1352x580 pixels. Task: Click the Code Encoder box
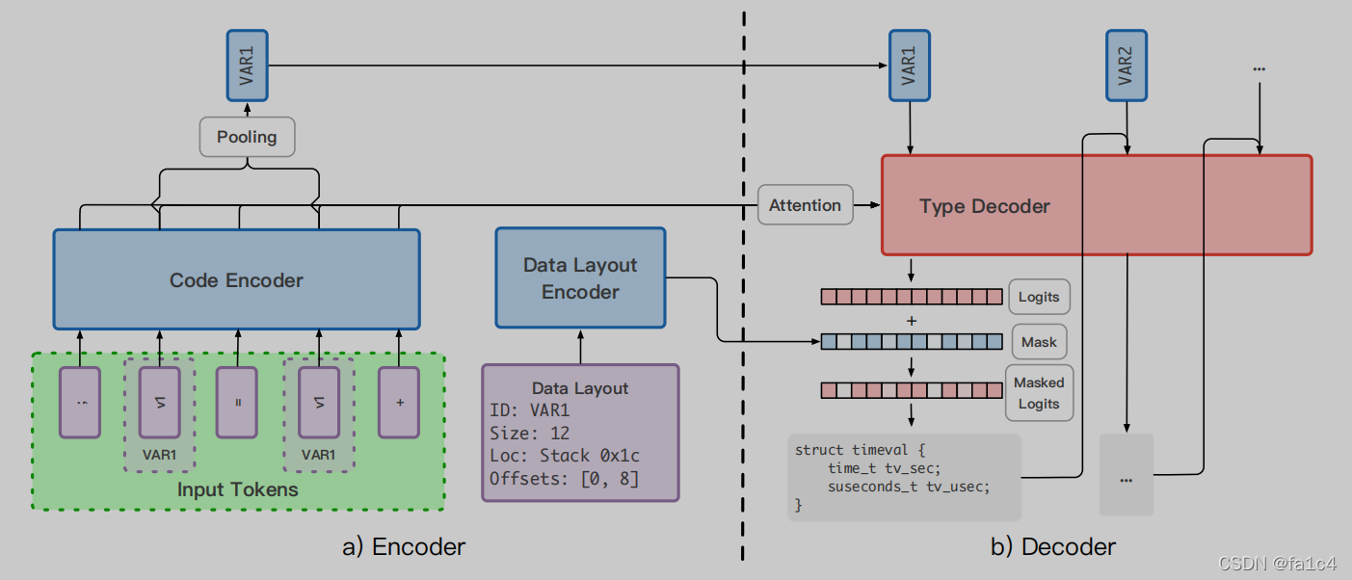[x=236, y=279]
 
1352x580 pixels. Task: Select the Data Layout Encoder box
[x=580, y=278]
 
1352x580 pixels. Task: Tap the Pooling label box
[x=247, y=137]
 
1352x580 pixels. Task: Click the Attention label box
[x=805, y=205]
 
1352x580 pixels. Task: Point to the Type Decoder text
[x=984, y=206]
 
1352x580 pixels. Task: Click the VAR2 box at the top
[x=1126, y=64]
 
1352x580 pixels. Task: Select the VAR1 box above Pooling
[x=247, y=65]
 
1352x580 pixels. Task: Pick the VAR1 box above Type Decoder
[x=909, y=64]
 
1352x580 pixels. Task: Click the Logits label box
[x=1039, y=297]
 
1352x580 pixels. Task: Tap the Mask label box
[x=1039, y=342]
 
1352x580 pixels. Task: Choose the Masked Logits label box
[x=1038, y=393]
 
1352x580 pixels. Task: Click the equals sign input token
[x=237, y=402]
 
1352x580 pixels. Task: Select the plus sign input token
[x=399, y=402]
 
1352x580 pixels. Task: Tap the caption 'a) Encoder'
[x=404, y=547]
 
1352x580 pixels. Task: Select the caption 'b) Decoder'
[x=1053, y=547]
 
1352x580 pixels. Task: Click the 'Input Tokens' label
[x=237, y=489]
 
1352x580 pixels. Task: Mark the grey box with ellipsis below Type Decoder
[x=1126, y=475]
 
